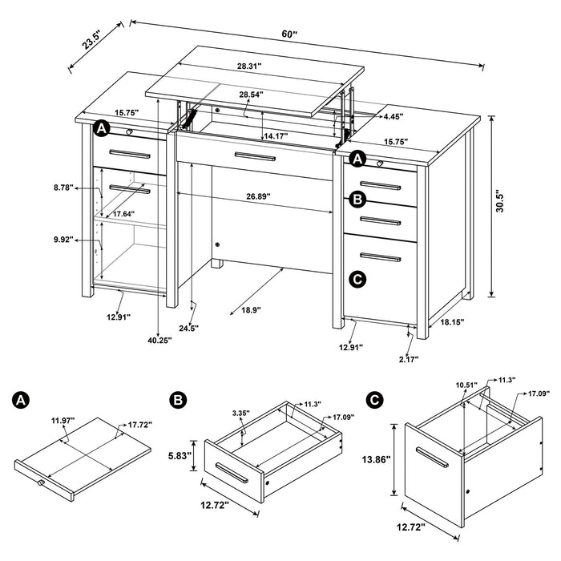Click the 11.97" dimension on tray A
pyautogui.click(x=63, y=420)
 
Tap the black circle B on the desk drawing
pyautogui.click(x=357, y=199)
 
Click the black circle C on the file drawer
pyautogui.click(x=357, y=279)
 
